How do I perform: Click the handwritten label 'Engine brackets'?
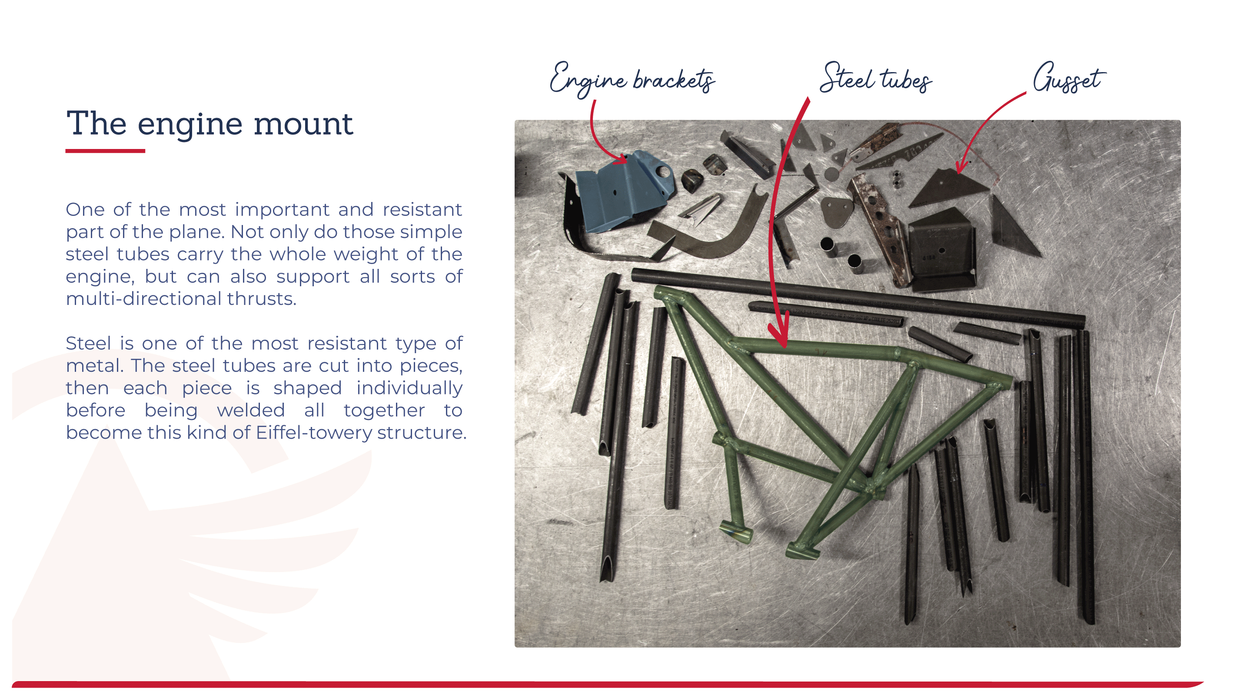click(632, 79)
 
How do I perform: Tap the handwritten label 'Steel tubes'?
click(875, 78)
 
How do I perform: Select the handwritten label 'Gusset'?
click(1069, 77)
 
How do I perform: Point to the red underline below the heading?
click(105, 151)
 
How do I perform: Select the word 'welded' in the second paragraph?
click(251, 410)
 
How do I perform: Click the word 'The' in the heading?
click(96, 124)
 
